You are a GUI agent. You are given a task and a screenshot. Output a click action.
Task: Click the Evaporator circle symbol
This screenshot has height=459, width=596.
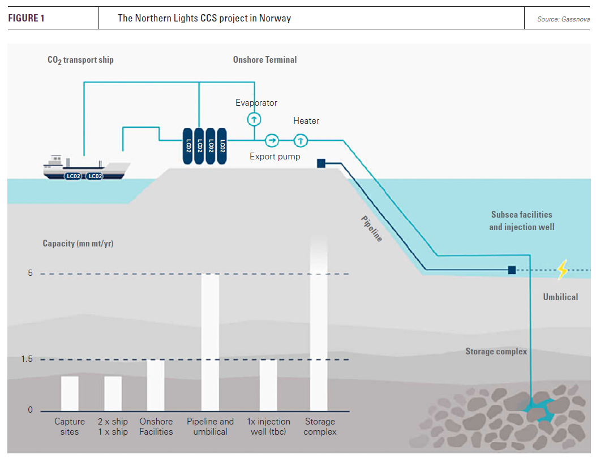254,119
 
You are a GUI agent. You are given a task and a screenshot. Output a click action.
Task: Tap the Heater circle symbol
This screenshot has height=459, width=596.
301,140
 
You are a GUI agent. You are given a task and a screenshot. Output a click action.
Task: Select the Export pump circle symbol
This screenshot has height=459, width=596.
272,140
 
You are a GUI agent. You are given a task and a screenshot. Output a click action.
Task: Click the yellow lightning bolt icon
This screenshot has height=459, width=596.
562,270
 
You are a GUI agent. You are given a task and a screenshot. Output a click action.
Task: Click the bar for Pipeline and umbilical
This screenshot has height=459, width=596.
210,342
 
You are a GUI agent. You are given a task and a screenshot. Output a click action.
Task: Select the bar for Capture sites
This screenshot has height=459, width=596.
70,393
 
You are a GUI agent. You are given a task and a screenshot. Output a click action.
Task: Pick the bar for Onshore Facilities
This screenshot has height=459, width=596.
156,385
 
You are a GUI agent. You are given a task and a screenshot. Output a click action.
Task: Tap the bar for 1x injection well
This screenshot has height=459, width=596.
268,385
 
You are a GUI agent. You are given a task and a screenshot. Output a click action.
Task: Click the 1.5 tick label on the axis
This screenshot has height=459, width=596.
27,360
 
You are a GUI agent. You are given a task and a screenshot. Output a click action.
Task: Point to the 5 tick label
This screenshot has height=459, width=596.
31,273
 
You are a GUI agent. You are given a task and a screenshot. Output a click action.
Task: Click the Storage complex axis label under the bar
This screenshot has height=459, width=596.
320,427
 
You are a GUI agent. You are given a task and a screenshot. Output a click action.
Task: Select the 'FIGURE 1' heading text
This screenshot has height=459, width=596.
26,18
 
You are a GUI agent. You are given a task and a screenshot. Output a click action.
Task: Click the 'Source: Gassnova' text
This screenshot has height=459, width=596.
563,19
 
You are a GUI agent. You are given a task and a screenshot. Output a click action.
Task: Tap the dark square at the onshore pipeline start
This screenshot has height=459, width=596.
321,163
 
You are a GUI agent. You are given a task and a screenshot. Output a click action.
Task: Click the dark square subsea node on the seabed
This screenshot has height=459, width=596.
512,270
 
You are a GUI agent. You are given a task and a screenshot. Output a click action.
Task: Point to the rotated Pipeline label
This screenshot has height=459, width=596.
372,229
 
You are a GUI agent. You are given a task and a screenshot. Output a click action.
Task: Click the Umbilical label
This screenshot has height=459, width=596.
560,297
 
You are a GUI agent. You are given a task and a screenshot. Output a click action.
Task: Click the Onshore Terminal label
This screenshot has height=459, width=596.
265,59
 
